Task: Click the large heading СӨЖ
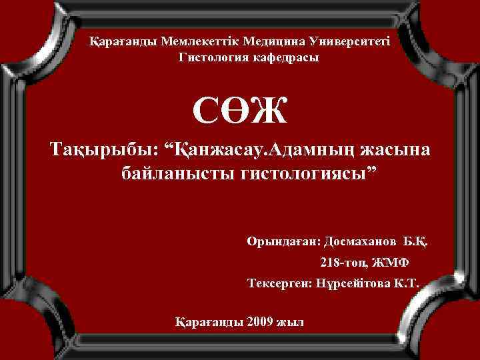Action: tap(240, 111)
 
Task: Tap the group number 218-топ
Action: tap(344, 261)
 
